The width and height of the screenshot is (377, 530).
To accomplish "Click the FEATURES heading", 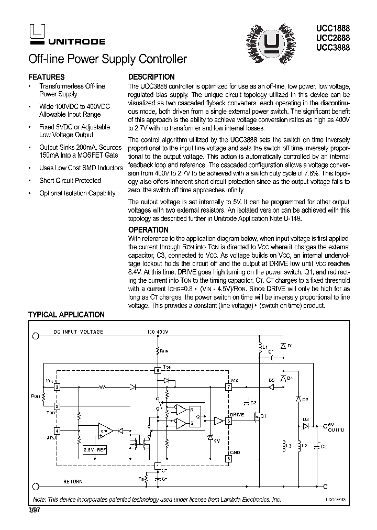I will pyautogui.click(x=46, y=76).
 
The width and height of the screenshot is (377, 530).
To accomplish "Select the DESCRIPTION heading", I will pyautogui.click(x=151, y=76).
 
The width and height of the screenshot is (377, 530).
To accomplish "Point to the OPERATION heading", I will pyautogui.click(x=148, y=229).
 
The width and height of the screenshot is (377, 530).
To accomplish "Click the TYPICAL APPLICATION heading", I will pyautogui.click(x=66, y=315).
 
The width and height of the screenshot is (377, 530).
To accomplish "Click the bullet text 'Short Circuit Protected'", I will pyautogui.click(x=70, y=180).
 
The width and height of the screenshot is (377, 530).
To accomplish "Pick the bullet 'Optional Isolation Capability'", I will pyautogui.click(x=77, y=193).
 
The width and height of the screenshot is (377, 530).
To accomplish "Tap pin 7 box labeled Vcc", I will pyautogui.click(x=228, y=388).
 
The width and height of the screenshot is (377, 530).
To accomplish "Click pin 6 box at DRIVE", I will pyautogui.click(x=228, y=421).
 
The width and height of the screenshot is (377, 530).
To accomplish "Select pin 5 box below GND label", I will pyautogui.click(x=228, y=458).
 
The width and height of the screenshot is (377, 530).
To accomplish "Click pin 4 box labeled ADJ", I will pyautogui.click(x=57, y=430).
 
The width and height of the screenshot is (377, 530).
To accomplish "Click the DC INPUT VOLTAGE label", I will pyautogui.click(x=78, y=332).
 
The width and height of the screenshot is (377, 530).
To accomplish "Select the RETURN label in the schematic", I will pyautogui.click(x=73, y=481).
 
